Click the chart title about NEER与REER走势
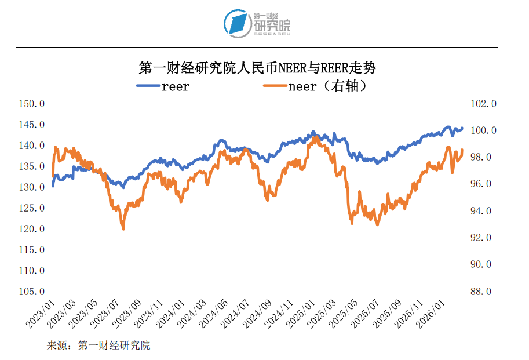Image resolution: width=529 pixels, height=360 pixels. click(x=257, y=68)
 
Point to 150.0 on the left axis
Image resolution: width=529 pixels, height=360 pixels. click(x=32, y=104)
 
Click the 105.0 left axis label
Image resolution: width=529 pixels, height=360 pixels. click(x=32, y=291)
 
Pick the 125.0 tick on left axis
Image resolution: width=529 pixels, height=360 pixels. click(x=32, y=208)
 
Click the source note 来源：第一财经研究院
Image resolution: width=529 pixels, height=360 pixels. click(x=98, y=346)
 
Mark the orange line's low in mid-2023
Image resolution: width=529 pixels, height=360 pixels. click(x=123, y=229)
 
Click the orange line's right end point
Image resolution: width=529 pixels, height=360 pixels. click(x=462, y=150)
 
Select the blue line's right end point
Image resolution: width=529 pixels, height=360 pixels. click(x=462, y=128)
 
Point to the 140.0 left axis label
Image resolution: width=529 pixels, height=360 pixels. click(x=32, y=146)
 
